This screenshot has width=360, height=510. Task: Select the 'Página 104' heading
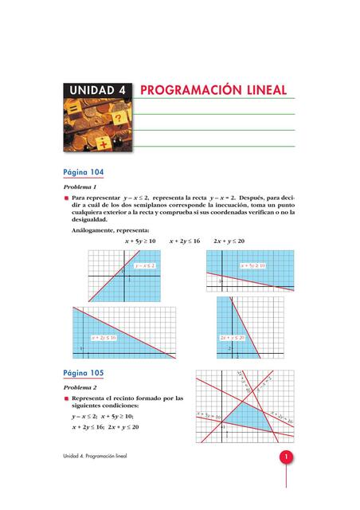[83, 172]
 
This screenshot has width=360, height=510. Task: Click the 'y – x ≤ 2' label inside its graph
[143, 265]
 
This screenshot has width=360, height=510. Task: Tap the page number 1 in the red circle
[284, 457]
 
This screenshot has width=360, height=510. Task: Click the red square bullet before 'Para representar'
[67, 196]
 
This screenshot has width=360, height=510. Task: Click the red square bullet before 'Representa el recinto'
[67, 398]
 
